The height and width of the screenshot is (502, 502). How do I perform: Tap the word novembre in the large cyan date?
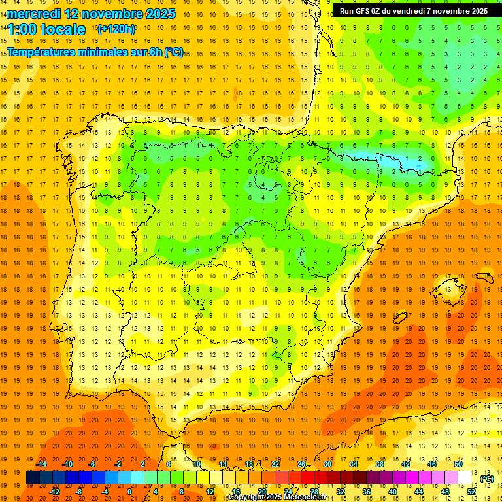pos(118,14)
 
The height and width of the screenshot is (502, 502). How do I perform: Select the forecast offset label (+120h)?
pos(116,29)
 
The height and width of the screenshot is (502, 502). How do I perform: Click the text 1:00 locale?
pos(46,29)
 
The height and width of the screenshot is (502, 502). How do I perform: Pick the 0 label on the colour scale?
pos(129,492)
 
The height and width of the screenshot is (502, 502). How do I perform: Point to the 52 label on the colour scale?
pos(472,492)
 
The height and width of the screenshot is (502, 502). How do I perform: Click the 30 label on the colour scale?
pos(327,464)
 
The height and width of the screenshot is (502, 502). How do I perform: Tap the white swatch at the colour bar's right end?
pos(464,478)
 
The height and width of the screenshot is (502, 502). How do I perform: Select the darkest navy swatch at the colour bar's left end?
pos(33,478)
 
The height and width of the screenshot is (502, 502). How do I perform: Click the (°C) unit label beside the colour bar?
pos(486,478)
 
